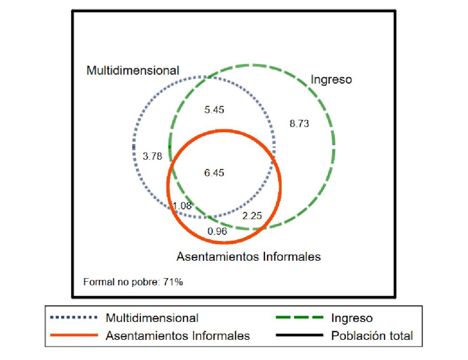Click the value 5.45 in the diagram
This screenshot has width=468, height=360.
point(214,110)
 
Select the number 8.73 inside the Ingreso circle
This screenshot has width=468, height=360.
point(300,124)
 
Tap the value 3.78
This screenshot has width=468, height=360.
point(152,156)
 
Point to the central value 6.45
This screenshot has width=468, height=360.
point(214,173)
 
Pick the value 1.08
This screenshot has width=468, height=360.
point(182,206)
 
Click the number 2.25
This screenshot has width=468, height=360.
point(252,216)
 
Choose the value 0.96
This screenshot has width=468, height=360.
point(217,231)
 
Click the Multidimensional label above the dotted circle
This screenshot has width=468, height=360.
point(133,71)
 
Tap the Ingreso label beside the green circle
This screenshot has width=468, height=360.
point(331,80)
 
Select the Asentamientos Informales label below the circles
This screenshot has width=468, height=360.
point(249,257)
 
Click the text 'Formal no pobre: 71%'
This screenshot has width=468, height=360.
point(133,282)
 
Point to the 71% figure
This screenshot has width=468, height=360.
point(175,282)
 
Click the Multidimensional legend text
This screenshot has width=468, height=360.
point(152,318)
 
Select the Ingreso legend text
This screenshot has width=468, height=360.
point(351,318)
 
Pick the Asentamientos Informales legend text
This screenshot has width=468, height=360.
point(178,336)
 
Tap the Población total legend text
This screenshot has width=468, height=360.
point(372,336)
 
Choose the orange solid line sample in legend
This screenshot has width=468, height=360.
point(73,335)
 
